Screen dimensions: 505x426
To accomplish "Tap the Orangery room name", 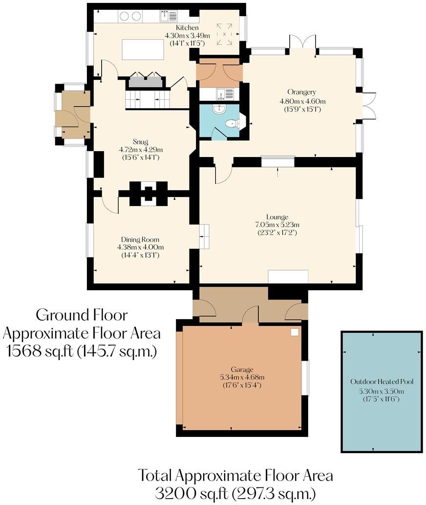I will (301, 92).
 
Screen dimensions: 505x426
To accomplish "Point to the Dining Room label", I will (140, 239).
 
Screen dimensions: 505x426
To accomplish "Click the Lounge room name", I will (277, 217).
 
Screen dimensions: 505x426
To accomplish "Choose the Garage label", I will (243, 369).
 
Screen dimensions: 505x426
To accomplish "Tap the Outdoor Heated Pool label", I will (381, 382).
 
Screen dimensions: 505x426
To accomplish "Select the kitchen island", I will (143, 49).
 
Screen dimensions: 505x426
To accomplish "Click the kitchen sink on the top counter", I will (168, 17).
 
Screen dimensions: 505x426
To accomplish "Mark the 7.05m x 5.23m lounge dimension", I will (277, 225).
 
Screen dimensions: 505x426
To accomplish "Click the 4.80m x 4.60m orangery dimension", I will (301, 101).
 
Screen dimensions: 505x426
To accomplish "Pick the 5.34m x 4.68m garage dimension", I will (243, 377).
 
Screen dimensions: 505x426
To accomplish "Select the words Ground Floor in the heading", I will (82, 314).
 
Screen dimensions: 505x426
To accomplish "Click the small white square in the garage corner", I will (295, 332).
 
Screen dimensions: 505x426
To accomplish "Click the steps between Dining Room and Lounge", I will (204, 236).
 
